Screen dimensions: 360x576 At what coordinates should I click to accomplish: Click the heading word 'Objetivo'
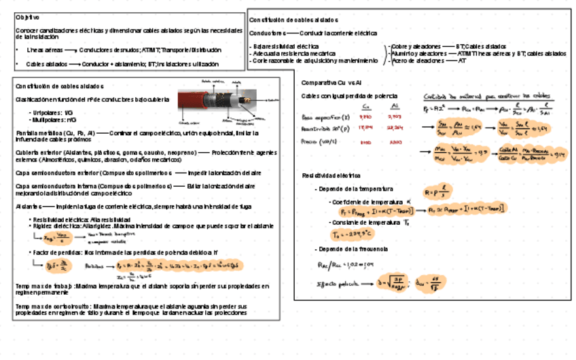click(27, 17)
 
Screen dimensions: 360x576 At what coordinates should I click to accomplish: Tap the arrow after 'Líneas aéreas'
click(69, 50)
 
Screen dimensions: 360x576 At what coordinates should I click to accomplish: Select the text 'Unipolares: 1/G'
click(50, 112)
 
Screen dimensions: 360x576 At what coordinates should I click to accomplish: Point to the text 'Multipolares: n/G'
click(52, 120)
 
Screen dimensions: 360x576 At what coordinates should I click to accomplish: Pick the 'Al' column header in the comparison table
click(395, 106)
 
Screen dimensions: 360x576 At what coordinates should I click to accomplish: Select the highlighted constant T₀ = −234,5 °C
click(353, 234)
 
